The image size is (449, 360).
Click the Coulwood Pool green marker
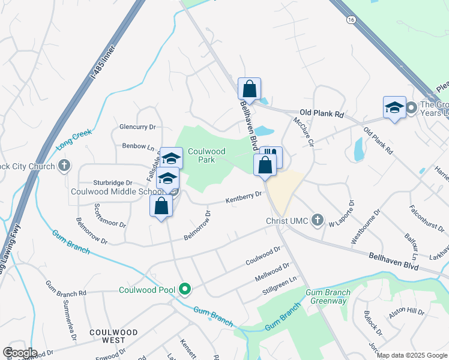(185, 290)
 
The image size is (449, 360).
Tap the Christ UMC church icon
(318, 221)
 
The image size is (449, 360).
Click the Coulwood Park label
(206, 156)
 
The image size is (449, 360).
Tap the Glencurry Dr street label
(137, 127)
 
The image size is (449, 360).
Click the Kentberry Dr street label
(244, 196)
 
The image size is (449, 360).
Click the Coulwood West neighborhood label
(113, 336)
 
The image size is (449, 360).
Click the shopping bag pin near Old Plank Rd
(250, 89)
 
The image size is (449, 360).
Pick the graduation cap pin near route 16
(394, 107)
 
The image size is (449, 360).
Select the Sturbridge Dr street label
(112, 182)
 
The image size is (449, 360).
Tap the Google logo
(19, 353)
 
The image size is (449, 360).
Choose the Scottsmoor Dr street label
(110, 215)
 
